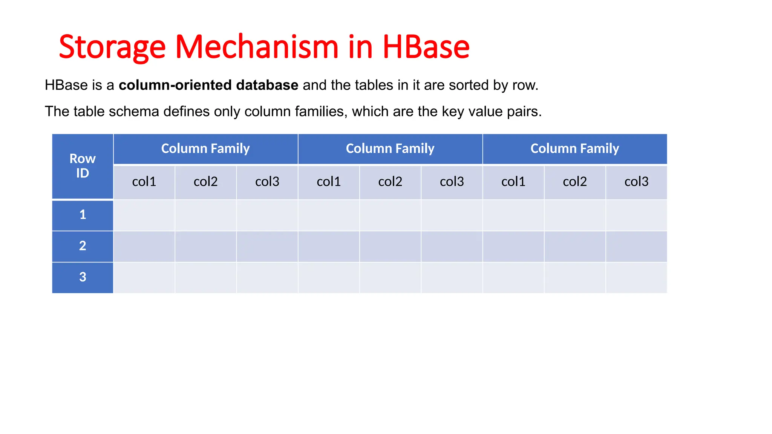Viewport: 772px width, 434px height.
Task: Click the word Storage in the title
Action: pos(112,47)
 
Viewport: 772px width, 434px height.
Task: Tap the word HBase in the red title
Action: pos(426,47)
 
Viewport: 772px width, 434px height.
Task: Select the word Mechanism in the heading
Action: pos(257,47)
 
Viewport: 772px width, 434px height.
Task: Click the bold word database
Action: pos(267,85)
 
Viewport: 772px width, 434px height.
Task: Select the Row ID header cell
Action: pos(83,166)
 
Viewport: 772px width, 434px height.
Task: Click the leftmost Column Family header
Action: pos(205,148)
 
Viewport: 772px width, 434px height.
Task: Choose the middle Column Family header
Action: pos(390,148)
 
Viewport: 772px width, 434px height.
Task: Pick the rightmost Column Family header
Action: pos(575,148)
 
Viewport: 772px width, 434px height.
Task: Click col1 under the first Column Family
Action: pos(144,182)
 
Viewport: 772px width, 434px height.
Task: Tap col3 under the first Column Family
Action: pos(267,182)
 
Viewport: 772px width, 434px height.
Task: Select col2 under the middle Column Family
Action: pos(390,182)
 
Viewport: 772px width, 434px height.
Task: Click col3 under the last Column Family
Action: pos(636,182)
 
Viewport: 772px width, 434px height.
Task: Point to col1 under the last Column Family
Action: pos(513,182)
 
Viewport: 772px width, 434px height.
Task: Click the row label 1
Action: pos(83,215)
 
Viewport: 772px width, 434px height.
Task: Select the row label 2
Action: pos(83,246)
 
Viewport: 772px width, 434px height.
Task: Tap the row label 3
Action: pos(83,277)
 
